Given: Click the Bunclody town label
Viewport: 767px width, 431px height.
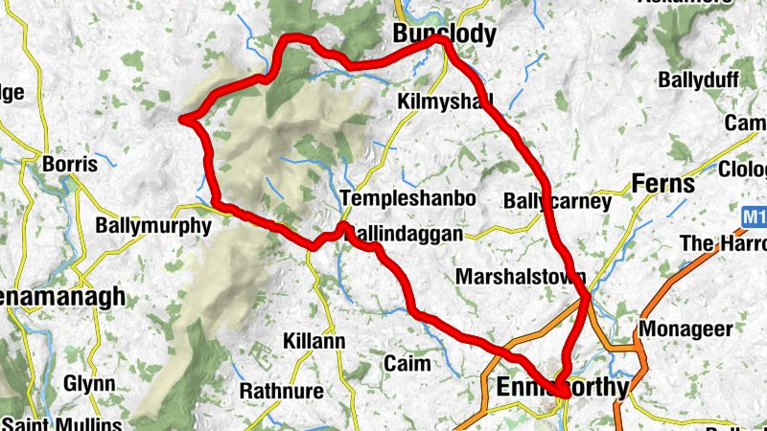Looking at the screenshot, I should pos(445,35).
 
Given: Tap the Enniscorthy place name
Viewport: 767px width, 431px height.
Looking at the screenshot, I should pos(563,388).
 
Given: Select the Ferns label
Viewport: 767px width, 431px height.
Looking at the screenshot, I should pos(663,184).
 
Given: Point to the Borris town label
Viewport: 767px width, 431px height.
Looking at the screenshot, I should pos(70,164).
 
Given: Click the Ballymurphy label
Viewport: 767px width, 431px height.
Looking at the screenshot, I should pos(153,227).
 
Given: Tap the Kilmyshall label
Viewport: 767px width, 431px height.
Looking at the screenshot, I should pos(444,101).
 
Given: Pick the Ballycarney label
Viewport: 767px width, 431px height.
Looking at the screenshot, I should pos(557,202).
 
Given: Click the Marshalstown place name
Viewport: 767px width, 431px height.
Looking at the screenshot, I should pos(521,277).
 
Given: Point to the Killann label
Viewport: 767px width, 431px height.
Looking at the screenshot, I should pos(314,341).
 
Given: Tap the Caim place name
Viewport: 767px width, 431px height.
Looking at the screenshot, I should pos(407,364).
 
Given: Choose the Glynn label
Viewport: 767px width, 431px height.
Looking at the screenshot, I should pos(89,383).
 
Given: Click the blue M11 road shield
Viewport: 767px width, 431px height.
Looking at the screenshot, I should pos(755,218).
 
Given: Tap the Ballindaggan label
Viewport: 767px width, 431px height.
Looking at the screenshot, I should pos(407,234).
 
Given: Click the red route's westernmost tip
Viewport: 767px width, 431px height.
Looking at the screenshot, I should pos(182,119).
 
